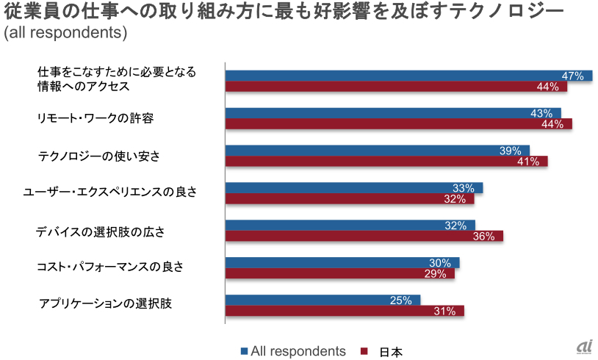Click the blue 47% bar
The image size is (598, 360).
pyautogui.click(x=408, y=76)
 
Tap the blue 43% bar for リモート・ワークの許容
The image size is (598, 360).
pyautogui.click(x=393, y=113)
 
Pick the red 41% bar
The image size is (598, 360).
pyautogui.click(x=386, y=161)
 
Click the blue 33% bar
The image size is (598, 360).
pyautogui.click(x=353, y=187)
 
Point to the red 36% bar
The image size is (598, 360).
pyautogui.click(x=364, y=236)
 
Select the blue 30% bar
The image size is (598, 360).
pyautogui.click(x=342, y=262)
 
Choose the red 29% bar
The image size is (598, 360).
pyautogui.click(x=339, y=273)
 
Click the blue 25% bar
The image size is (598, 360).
pyautogui.click(x=323, y=300)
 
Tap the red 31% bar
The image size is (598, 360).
pyautogui.click(x=345, y=311)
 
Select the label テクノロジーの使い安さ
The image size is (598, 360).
pyautogui.click(x=99, y=156)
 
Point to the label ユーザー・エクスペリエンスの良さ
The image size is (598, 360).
pyautogui.click(x=110, y=192)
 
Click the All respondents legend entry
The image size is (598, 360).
pyautogui.click(x=293, y=351)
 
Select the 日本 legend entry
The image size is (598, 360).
pyautogui.click(x=383, y=351)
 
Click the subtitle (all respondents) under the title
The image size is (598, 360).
pyautogui.click(x=65, y=33)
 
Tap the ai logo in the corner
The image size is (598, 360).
pyautogui.click(x=584, y=347)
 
